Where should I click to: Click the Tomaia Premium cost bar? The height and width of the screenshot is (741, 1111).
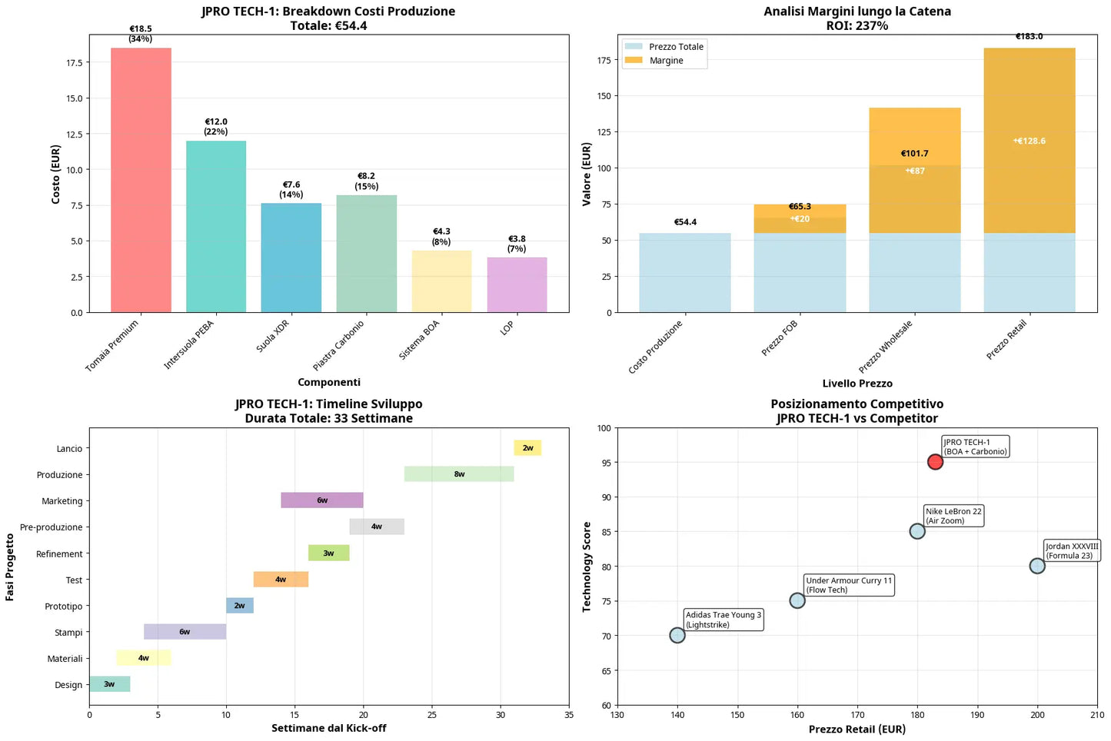(x=141, y=180)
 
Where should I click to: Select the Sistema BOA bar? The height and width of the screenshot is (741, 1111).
(x=441, y=281)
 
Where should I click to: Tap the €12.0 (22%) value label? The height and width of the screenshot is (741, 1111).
(x=216, y=127)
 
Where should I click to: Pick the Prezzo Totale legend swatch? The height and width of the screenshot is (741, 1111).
(x=634, y=47)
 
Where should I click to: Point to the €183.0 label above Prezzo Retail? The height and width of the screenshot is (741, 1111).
(x=1029, y=36)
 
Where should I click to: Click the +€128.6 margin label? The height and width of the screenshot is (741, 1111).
(x=1029, y=141)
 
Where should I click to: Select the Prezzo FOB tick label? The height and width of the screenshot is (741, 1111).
(x=780, y=338)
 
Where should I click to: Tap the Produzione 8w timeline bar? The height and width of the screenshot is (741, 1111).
(x=459, y=474)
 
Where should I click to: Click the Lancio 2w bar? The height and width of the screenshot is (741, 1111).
(x=527, y=448)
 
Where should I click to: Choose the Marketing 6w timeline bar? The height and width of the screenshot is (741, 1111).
(x=321, y=500)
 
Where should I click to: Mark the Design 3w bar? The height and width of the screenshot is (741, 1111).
(x=109, y=684)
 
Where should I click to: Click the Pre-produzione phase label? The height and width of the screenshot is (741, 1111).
(x=52, y=527)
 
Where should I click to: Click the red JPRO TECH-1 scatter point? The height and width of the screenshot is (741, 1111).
(x=935, y=462)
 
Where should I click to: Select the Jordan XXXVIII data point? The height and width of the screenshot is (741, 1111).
(x=1037, y=566)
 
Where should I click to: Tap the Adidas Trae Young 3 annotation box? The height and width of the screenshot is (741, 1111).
(x=723, y=620)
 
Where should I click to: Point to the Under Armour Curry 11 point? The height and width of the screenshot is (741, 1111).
(x=797, y=600)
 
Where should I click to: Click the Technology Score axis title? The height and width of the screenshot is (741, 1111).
(x=587, y=567)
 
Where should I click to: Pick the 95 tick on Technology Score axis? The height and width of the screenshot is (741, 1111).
(x=606, y=463)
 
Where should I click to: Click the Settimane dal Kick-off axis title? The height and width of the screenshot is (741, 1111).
(x=328, y=728)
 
